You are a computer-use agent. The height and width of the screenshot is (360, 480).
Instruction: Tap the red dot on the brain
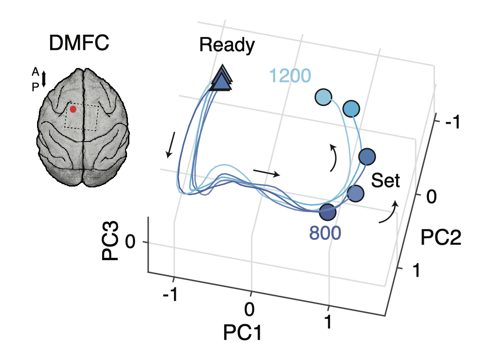pos(73,109)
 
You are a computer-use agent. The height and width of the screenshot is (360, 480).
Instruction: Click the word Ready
pos(227,45)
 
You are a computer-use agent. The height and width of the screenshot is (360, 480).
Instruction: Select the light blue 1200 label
pos(290,75)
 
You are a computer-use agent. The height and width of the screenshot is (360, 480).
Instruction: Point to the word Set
pos(386,181)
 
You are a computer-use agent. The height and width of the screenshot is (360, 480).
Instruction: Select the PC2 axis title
pos(441,239)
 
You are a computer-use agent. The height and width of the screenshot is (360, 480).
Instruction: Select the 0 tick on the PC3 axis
pos(131,242)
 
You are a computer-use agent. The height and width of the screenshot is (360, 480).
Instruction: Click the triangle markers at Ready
pos(221,79)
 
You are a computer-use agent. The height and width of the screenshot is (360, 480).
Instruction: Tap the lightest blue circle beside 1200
pos(322,97)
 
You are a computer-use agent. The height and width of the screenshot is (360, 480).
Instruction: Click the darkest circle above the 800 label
pos(328,212)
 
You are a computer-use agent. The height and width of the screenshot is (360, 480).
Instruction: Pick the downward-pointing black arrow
pos(171,144)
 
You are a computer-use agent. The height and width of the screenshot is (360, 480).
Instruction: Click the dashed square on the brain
pos(82,117)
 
